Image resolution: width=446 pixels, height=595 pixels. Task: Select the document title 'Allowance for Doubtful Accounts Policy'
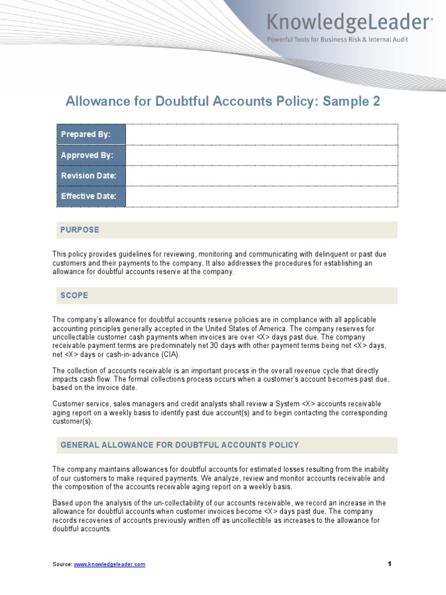(x=192, y=102)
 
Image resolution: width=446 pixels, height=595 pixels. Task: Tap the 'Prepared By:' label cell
(x=91, y=134)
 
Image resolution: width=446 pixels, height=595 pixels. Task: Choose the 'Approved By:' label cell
(x=91, y=155)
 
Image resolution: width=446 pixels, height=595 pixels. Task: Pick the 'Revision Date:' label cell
(x=91, y=175)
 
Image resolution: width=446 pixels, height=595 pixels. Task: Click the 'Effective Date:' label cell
(x=91, y=196)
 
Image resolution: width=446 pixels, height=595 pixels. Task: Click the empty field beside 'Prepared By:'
(x=261, y=134)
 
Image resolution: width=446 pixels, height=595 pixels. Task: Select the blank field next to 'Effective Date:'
(x=261, y=196)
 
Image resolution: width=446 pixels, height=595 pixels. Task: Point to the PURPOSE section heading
(x=80, y=230)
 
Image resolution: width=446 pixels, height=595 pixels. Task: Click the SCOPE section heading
(x=74, y=296)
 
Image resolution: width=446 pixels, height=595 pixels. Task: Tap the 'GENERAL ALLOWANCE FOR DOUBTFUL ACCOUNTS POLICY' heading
(x=179, y=445)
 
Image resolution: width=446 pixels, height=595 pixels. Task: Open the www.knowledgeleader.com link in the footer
(x=109, y=564)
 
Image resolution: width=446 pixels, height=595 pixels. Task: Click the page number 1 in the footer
(x=390, y=564)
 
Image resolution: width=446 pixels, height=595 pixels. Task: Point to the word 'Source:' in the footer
(x=62, y=564)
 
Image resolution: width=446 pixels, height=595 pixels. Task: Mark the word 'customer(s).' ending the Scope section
(x=73, y=421)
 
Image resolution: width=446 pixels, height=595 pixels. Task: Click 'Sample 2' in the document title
(x=351, y=102)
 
